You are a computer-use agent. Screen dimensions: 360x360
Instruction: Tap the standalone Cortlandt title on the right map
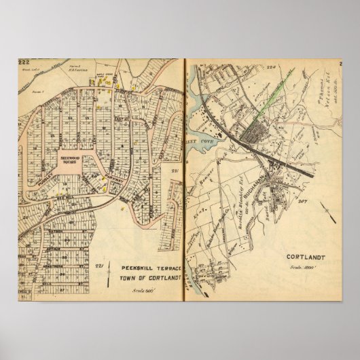pos(298,257)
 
